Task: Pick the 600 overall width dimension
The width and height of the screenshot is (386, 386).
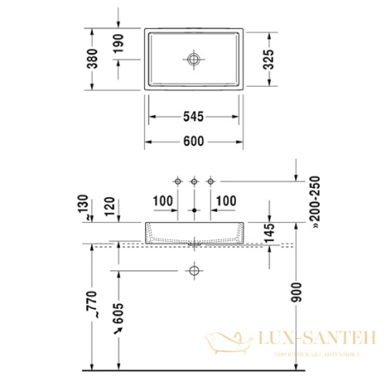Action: tap(194, 142)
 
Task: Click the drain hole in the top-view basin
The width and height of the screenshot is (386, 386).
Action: tap(194, 59)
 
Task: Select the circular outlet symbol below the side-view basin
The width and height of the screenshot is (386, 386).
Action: tap(194, 272)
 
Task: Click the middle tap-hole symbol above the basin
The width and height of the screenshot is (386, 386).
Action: tap(195, 181)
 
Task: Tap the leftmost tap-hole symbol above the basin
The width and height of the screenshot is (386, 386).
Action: tap(178, 181)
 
